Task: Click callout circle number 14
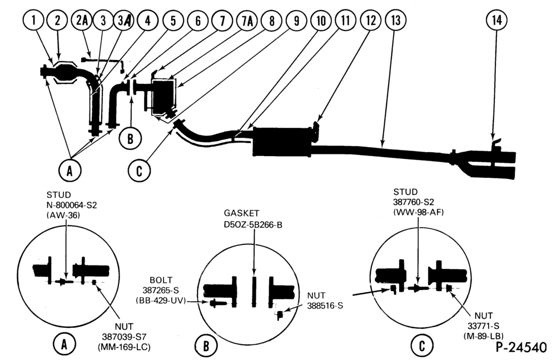point(497,20)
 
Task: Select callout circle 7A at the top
point(247,21)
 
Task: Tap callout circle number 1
point(33,20)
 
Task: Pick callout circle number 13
point(395,20)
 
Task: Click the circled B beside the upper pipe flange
point(130,138)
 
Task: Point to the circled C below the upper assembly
point(139,171)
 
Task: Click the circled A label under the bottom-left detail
point(64,344)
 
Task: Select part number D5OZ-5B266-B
point(253,225)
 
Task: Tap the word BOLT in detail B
point(161,280)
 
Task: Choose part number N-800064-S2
point(72,205)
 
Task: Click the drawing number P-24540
point(522,347)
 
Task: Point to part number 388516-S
point(325,306)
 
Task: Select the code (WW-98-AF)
point(419,212)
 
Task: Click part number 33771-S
point(483,326)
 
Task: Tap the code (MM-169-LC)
point(124,347)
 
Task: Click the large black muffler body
point(282,142)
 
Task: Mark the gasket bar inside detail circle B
point(254,291)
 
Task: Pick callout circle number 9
point(296,21)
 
